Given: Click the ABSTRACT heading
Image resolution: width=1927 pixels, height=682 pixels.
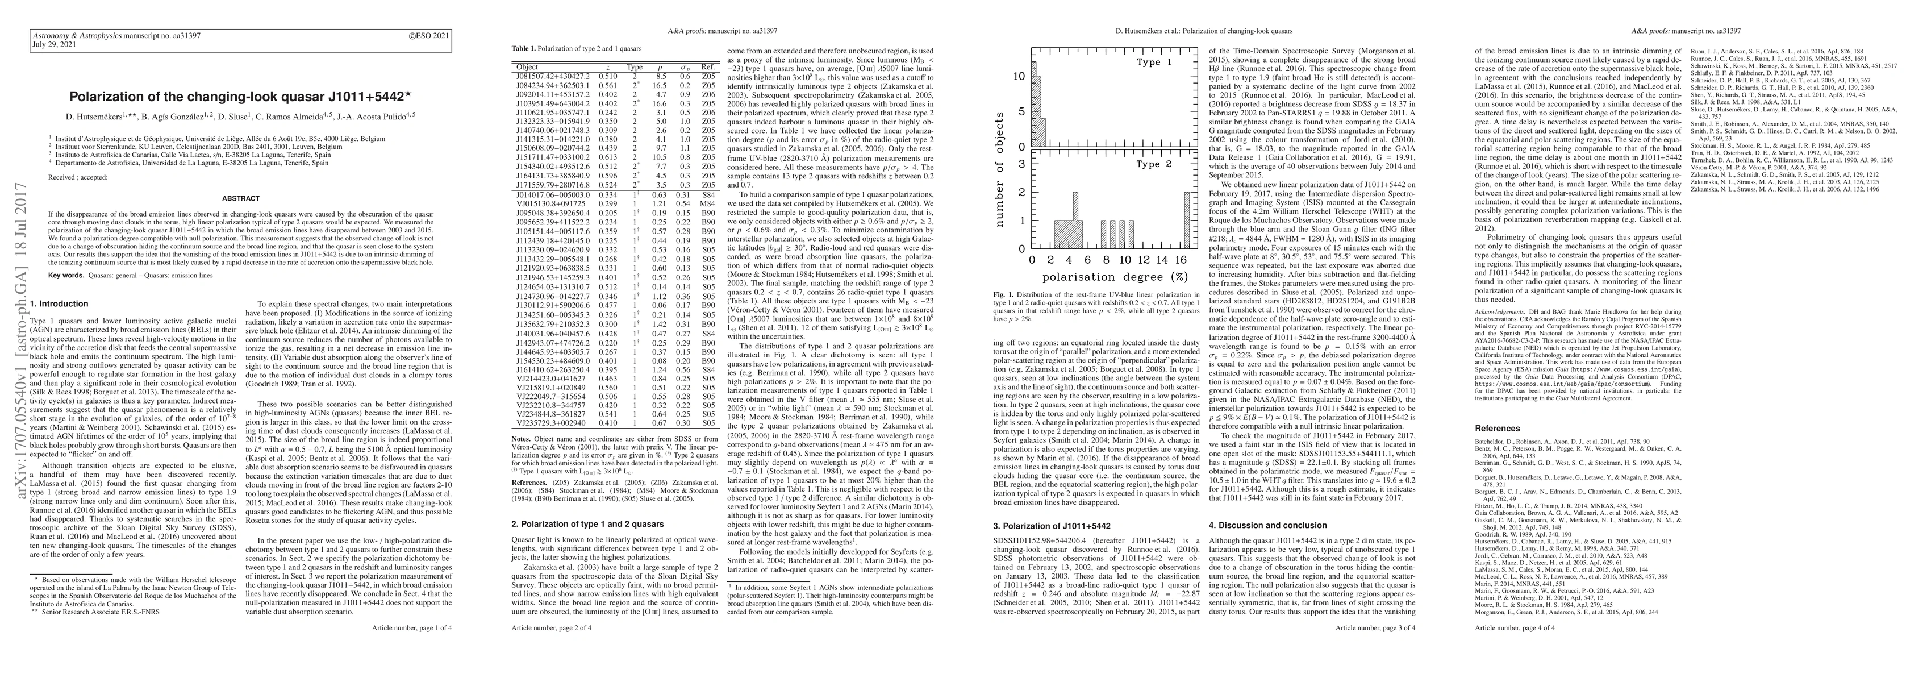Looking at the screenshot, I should point(241,198).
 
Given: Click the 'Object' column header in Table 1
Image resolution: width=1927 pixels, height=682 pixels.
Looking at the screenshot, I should point(527,66).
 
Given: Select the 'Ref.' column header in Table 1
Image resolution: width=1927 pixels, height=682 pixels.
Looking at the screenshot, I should point(708,66).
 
